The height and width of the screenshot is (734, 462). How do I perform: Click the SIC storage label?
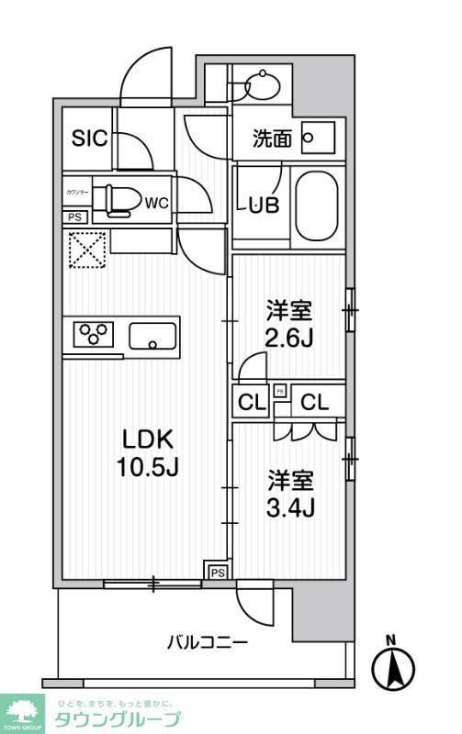click(91, 139)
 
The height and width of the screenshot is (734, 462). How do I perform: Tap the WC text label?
click(157, 203)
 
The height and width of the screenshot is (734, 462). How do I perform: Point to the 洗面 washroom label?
click(273, 139)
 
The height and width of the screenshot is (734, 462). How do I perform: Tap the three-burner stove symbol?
click(93, 334)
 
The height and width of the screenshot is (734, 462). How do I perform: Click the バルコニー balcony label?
click(207, 642)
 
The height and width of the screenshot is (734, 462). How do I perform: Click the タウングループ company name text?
click(118, 719)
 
